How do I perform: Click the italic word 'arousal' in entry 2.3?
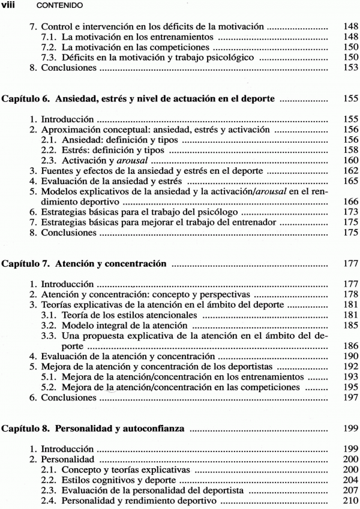click(132, 161)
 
